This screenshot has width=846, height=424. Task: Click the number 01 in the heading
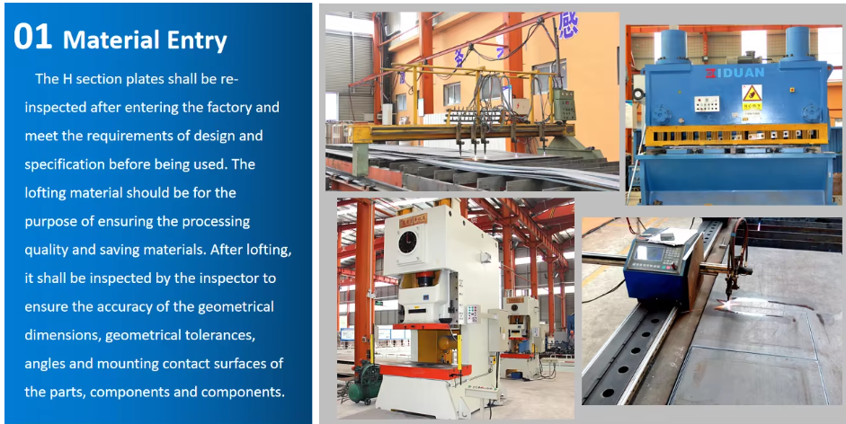[33, 37]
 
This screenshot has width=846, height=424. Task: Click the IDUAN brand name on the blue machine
[735, 72]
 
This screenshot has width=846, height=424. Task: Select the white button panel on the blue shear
[707, 103]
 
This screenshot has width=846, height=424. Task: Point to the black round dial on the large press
[407, 242]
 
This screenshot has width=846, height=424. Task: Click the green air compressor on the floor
[365, 383]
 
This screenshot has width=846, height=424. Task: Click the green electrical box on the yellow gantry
[564, 104]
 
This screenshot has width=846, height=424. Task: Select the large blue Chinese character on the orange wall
[567, 25]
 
